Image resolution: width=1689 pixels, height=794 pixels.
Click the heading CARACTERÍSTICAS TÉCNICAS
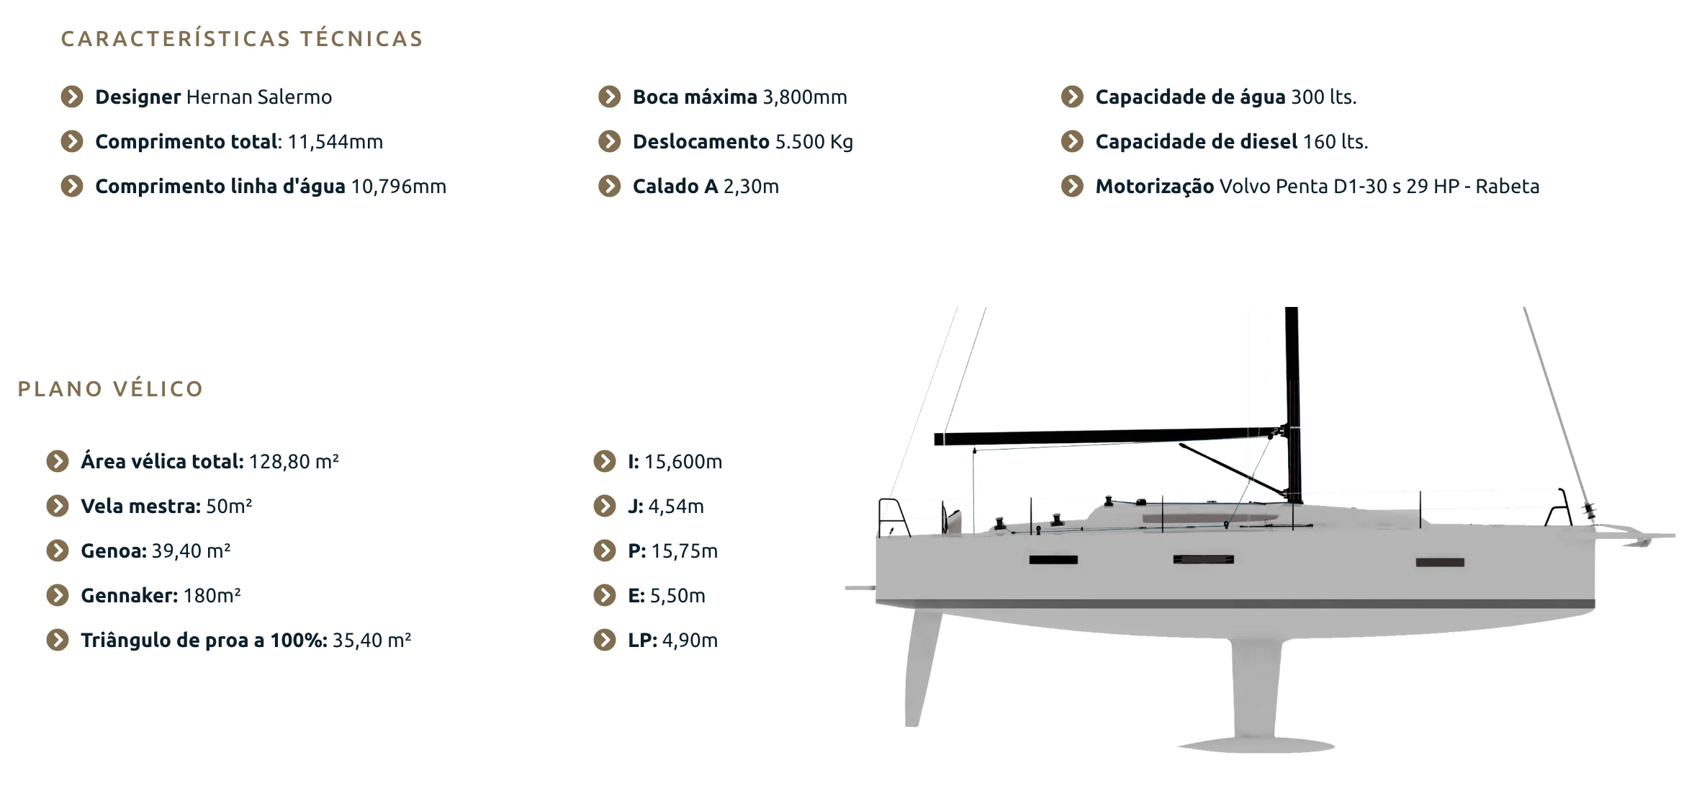click(242, 38)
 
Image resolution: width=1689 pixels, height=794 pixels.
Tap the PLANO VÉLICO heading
click(111, 388)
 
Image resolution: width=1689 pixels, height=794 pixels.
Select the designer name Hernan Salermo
click(259, 97)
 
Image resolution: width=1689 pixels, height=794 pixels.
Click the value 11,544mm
click(335, 142)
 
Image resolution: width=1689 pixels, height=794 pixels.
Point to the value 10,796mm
click(398, 187)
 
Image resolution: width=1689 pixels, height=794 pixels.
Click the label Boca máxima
click(695, 97)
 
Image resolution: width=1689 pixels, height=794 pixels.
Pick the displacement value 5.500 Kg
click(814, 142)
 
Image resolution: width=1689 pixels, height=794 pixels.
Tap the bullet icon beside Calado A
click(609, 186)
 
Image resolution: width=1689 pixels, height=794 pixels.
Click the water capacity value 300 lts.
click(1324, 97)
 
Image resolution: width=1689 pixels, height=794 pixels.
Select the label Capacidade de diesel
click(1197, 141)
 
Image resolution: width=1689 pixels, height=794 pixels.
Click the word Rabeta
click(1508, 186)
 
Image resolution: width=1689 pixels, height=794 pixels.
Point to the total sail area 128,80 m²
click(294, 461)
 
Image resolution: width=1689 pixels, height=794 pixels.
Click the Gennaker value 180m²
click(212, 595)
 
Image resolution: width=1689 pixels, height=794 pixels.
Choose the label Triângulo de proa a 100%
click(204, 640)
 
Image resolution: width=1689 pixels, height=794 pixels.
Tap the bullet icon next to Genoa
click(57, 550)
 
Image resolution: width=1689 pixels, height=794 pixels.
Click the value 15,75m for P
click(684, 551)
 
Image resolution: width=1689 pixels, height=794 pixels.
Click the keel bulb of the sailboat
click(1256, 745)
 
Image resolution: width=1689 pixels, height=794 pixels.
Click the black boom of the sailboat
click(1109, 436)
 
